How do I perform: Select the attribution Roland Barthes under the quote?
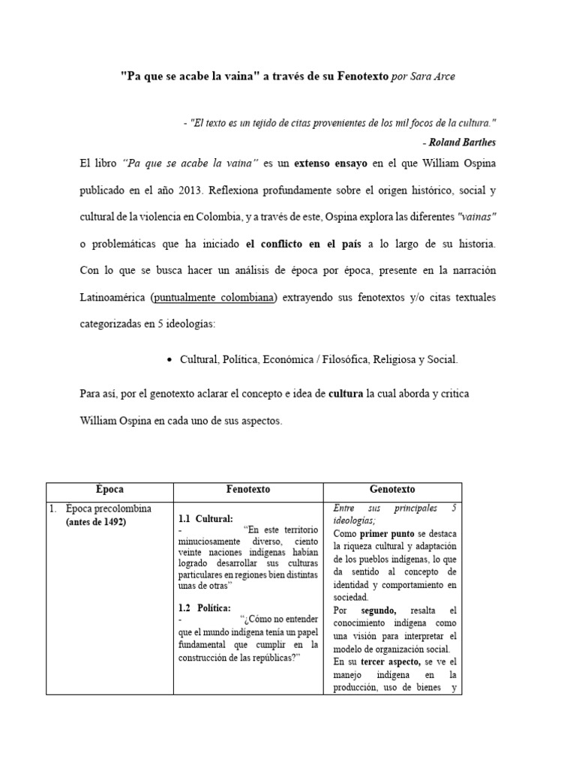click(448, 142)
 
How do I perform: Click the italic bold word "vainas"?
click(475, 217)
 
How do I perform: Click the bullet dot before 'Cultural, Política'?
click(169, 360)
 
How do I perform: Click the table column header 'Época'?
click(109, 489)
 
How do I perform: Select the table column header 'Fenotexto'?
click(248, 489)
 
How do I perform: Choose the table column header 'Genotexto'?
click(392, 489)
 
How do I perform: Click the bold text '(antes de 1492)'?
click(95, 522)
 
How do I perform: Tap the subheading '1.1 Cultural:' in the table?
click(205, 519)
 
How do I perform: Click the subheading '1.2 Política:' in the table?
click(205, 607)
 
